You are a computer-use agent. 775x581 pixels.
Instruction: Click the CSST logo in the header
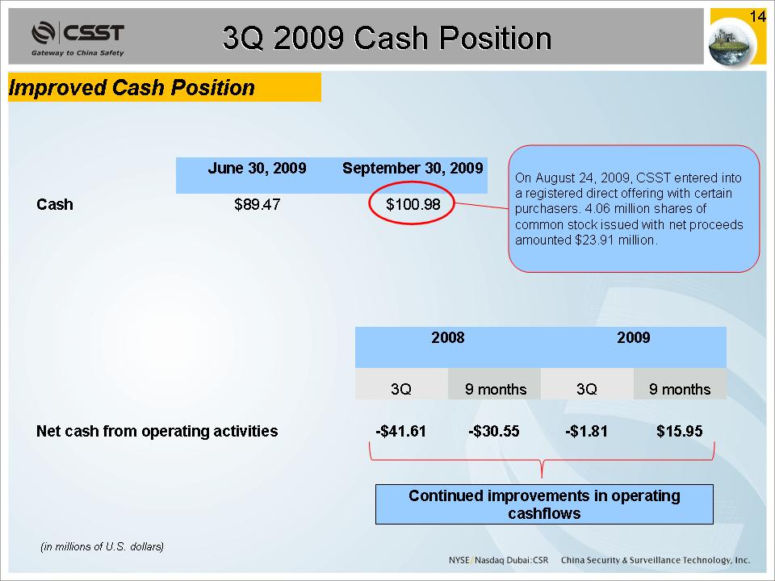pos(77,38)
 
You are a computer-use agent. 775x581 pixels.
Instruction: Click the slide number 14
pos(757,17)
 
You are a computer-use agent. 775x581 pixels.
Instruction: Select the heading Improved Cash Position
pos(132,87)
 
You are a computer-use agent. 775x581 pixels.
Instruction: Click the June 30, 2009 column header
pos(257,168)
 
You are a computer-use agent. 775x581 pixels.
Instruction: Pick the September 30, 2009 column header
pos(413,168)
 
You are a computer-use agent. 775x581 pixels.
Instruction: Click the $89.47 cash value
pos(257,204)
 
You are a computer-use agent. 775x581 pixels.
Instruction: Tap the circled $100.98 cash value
pos(413,204)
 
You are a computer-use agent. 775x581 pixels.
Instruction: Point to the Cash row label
pos(54,204)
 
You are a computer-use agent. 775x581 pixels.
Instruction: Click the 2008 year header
pos(448,337)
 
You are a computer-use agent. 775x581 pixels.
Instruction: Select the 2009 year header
pos(633,337)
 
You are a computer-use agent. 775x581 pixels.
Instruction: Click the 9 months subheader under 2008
pos(496,389)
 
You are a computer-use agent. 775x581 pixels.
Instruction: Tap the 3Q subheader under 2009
pos(587,389)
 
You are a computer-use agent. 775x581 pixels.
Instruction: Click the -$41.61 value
pos(401,431)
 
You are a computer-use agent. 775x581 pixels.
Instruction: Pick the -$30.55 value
pos(494,431)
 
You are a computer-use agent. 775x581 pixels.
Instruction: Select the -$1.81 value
pos(587,431)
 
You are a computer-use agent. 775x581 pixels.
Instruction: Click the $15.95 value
pos(680,431)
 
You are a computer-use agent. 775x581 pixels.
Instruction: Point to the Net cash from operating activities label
pos(157,431)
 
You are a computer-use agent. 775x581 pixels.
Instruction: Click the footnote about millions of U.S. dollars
pos(102,546)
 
